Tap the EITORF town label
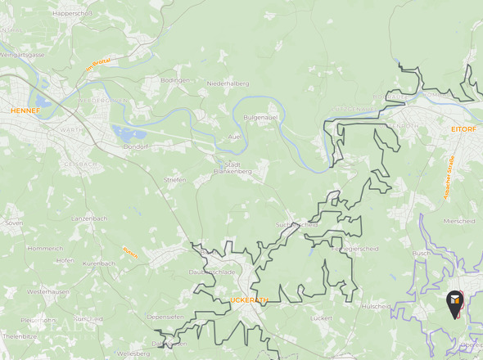coord(463,128)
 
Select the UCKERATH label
coord(249,300)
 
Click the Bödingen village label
coord(175,80)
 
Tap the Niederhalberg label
coord(228,83)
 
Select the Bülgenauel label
coord(262,117)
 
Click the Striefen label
coord(175,179)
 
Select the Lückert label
coord(322,317)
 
